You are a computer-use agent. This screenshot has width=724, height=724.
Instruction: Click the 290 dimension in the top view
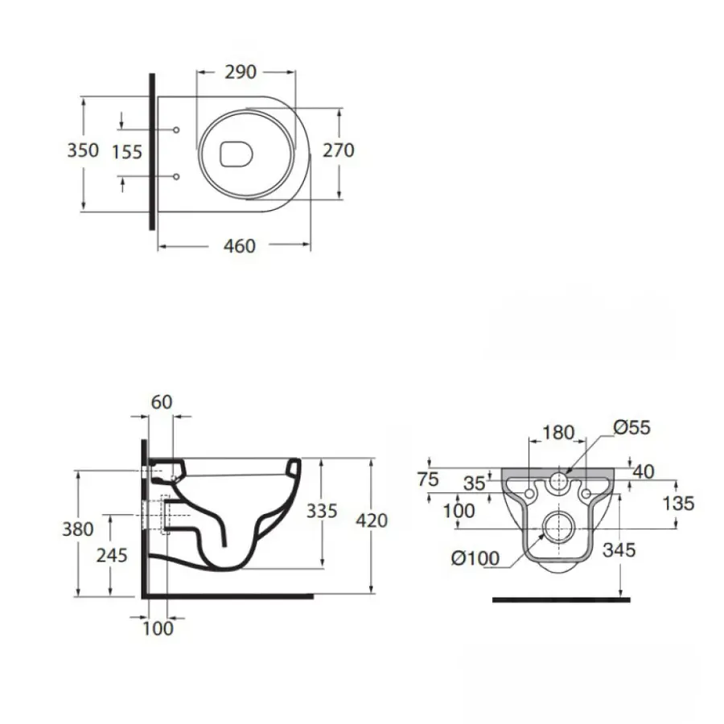point(240,72)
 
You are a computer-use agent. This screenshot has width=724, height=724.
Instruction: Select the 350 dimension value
point(83,150)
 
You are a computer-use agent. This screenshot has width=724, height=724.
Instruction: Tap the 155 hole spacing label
point(127,150)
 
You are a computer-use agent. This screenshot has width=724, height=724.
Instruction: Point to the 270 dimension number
point(339,150)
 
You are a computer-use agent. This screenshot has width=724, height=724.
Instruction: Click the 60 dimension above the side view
point(162,401)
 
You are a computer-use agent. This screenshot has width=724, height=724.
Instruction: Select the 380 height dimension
point(77,529)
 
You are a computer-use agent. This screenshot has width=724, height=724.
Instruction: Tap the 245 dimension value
point(111,555)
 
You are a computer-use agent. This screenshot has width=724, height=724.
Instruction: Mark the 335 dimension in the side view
point(321,512)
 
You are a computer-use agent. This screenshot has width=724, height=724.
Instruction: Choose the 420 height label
point(371,520)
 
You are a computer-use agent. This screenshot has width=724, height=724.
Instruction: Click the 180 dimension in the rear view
point(558,433)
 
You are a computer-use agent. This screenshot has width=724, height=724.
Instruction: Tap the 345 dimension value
point(619,550)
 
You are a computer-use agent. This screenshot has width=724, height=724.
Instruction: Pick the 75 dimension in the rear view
point(429,479)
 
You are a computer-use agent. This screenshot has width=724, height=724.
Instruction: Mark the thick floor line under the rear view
point(561,599)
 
